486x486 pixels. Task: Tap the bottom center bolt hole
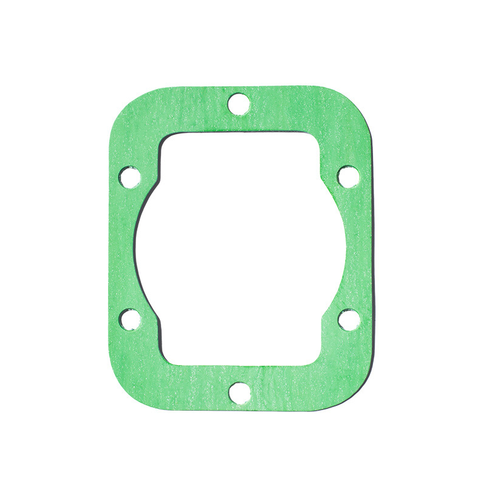(x=240, y=392)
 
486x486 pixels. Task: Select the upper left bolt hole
(x=129, y=177)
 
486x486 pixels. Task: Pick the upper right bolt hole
(x=348, y=176)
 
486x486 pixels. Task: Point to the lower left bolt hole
(x=130, y=319)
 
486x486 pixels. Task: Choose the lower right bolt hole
(x=349, y=319)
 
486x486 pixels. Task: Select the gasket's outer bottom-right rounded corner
(x=358, y=395)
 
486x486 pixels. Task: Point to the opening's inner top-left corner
(x=166, y=139)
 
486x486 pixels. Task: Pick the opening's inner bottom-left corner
(x=168, y=358)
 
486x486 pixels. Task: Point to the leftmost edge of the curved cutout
(x=135, y=249)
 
